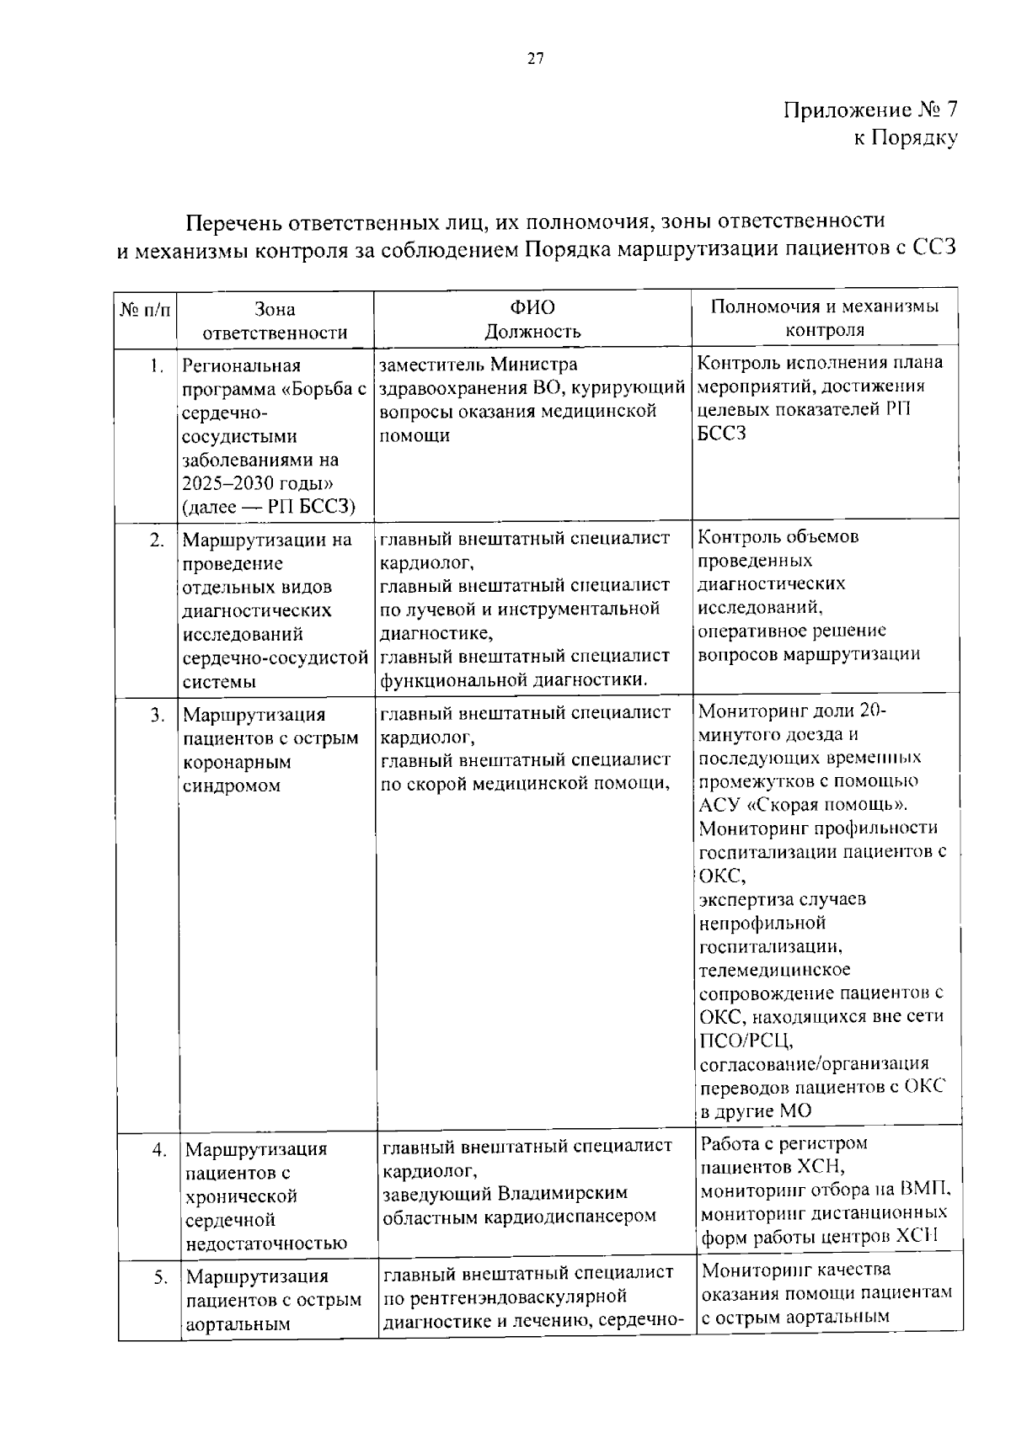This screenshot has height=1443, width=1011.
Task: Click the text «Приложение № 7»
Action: [870, 110]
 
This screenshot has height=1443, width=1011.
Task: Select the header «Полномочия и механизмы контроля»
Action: [825, 318]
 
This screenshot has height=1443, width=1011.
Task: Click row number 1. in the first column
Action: [156, 365]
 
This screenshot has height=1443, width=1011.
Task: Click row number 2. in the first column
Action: [157, 540]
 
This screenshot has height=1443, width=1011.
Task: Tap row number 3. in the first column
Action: [157, 715]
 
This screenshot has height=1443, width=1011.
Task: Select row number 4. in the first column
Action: [158, 1149]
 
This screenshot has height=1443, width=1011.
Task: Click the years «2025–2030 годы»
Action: [259, 483]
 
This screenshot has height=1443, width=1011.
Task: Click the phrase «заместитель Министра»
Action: [479, 365]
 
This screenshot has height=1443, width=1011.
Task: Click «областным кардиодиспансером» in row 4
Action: [519, 1217]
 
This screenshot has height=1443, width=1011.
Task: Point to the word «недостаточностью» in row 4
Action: [266, 1243]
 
